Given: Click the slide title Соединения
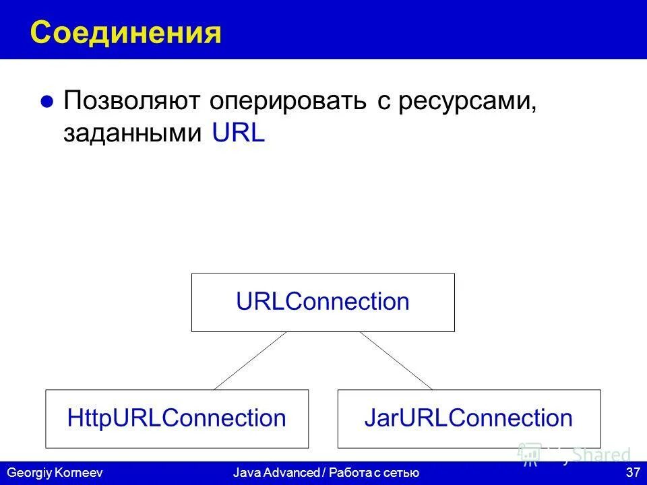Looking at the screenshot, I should click(x=126, y=32).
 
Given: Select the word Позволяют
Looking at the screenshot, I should click(x=131, y=102).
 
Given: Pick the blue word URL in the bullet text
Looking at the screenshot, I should click(x=239, y=133).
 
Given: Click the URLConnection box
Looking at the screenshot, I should click(x=323, y=302).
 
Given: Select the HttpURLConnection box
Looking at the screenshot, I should click(x=177, y=418).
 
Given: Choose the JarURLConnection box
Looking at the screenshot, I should click(x=468, y=418).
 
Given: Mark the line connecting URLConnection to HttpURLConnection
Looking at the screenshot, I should click(x=249, y=361).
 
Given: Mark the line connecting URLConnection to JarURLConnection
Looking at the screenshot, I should click(x=396, y=361).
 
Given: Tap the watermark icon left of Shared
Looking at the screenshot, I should click(x=530, y=455).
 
